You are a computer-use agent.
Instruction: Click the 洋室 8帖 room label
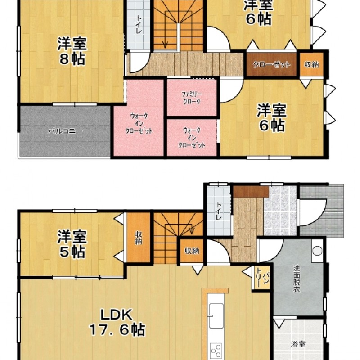[72, 51]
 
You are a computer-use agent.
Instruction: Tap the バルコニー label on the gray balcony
[65, 131]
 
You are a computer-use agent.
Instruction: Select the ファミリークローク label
[192, 98]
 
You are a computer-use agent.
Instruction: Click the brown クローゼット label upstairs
[271, 64]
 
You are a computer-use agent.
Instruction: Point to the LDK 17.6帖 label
[117, 322]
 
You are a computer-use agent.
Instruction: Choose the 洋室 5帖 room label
[72, 244]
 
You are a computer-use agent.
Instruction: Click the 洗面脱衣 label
[297, 279]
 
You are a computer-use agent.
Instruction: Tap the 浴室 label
[298, 344]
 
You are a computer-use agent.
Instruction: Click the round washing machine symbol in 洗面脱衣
[317, 251]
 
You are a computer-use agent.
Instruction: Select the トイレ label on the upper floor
[139, 25]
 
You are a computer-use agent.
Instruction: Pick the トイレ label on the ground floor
[219, 211]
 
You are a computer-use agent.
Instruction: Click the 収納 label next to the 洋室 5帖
[139, 238]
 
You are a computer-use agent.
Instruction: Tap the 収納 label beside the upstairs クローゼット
[311, 64]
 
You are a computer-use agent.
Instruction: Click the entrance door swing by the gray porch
[313, 212]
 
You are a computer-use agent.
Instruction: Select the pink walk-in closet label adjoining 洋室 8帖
[139, 123]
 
